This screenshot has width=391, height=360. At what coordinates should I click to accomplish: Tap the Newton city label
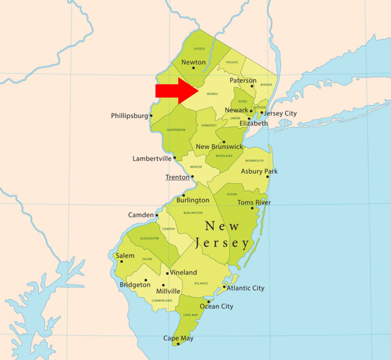pos(193,62)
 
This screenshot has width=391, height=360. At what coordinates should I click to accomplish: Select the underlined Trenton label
pos(177,177)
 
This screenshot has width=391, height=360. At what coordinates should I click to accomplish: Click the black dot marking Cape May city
pos(178,344)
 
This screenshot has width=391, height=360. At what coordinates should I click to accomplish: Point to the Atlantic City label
pos(245,288)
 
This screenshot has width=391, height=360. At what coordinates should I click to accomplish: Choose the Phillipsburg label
pos(129,116)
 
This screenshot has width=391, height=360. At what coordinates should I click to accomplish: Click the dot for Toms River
pos(252,208)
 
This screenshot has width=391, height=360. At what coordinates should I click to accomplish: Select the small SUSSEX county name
pos(199,49)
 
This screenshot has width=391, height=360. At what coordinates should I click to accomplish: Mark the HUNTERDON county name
pos(176,130)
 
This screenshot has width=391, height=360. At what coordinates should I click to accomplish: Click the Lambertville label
pos(152,159)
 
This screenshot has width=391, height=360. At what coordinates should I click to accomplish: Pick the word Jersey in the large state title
pos(221,243)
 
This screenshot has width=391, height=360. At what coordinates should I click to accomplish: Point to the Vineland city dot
pos(167,274)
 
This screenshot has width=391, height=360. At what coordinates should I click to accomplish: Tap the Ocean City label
pos(216,306)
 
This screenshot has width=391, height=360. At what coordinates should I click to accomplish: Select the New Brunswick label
pos(220,147)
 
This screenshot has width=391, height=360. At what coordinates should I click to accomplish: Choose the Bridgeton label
pos(135,285)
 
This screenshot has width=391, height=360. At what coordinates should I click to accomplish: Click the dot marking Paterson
pos(252,86)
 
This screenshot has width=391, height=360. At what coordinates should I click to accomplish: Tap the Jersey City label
pos(280,113)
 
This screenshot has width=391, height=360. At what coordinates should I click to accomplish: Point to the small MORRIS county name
pos(213,94)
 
